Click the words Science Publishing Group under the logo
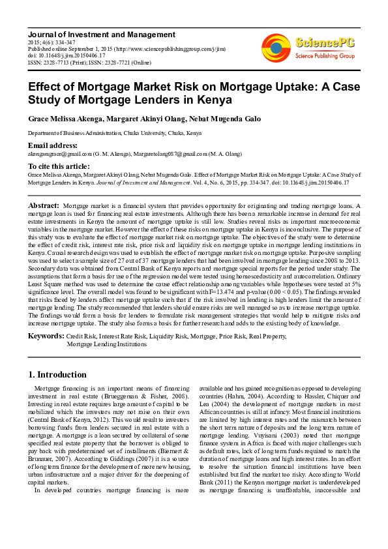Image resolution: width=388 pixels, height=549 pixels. pyautogui.click(x=325, y=56)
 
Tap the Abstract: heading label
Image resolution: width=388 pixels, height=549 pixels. pyautogui.click(x=44, y=205)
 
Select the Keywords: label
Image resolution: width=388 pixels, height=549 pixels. pyautogui.click(x=46, y=335)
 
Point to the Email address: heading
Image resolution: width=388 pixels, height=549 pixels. pyautogui.click(x=53, y=145)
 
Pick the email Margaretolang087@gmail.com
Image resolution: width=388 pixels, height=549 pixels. pyautogui.click(x=172, y=154)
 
